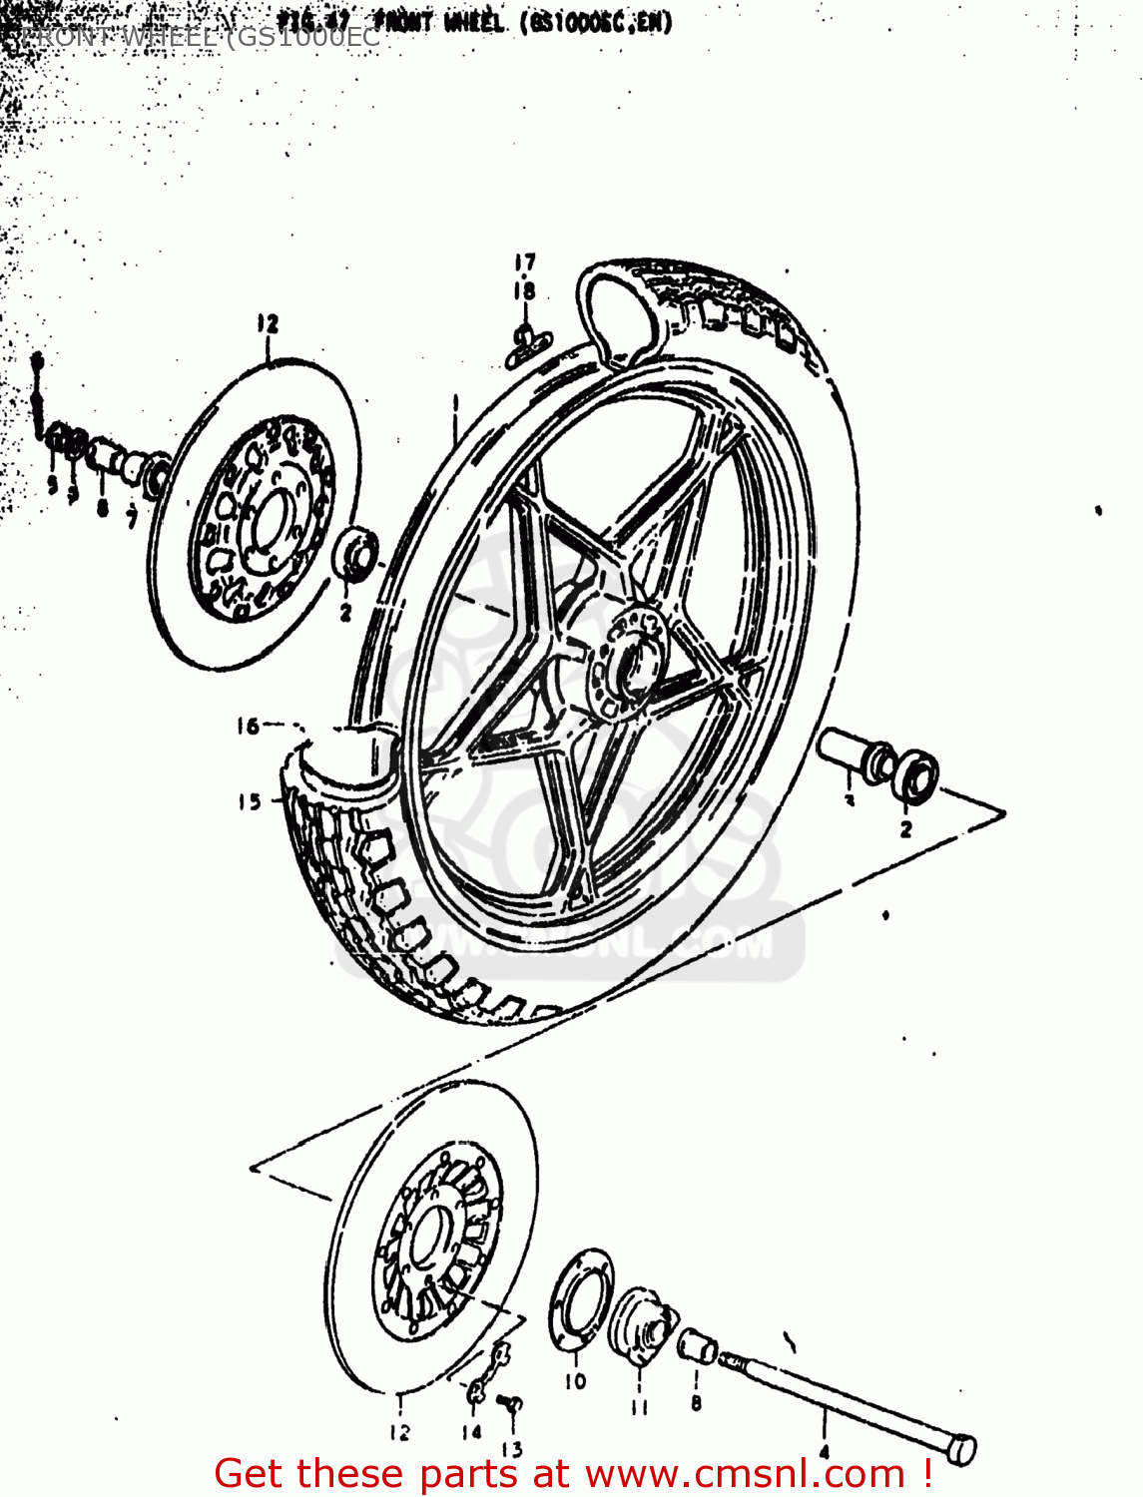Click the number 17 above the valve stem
[x=525, y=262]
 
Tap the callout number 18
[x=525, y=290]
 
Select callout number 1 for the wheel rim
[x=455, y=403]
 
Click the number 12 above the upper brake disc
[x=267, y=323]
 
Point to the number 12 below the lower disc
[x=399, y=1433]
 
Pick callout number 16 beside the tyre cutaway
[x=248, y=727]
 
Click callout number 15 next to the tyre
[x=250, y=801]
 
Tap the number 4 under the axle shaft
[x=824, y=1451]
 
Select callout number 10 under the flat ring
[x=576, y=1382]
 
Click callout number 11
[x=640, y=1407]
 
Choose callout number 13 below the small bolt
[x=511, y=1449]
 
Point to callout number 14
[x=471, y=1431]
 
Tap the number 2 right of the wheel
[x=905, y=829]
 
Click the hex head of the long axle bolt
[x=960, y=1449]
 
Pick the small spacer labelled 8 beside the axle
[x=698, y=1347]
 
